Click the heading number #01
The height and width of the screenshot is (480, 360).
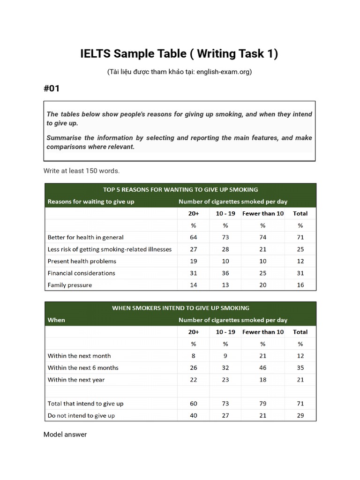(52, 88)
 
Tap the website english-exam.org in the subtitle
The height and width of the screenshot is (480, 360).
(224, 72)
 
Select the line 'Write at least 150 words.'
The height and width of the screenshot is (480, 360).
(82, 171)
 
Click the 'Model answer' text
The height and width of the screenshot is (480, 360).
(65, 435)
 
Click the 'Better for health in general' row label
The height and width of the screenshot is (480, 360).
(86, 237)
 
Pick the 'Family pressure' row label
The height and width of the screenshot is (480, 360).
(70, 285)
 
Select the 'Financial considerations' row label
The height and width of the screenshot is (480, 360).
(82, 273)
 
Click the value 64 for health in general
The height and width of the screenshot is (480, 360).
(194, 237)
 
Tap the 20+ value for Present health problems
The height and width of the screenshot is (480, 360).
(194, 261)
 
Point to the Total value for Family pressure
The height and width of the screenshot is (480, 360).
(300, 285)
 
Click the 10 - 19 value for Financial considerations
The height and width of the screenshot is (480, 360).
(225, 273)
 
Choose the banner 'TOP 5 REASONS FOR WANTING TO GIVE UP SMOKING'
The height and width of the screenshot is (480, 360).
(180, 189)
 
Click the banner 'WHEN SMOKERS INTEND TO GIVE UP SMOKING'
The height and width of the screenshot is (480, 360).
(180, 308)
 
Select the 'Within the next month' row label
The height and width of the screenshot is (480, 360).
(79, 356)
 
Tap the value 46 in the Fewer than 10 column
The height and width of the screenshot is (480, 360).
(263, 368)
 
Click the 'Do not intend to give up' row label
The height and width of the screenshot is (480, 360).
(81, 415)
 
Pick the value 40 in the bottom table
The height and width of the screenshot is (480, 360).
(194, 415)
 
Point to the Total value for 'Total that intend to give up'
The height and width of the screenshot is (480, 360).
(300, 404)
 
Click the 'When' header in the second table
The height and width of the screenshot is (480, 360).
(56, 320)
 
